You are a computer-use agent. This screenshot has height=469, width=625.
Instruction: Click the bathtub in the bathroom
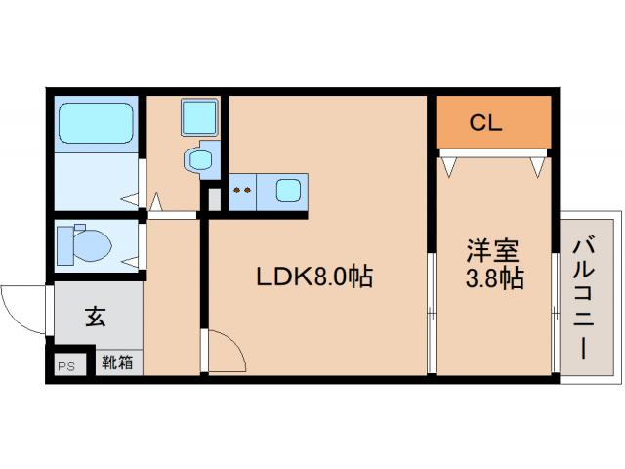click(95, 123)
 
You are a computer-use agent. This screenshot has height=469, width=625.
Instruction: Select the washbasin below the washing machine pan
click(203, 159)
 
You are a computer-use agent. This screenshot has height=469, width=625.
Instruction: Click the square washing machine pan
click(200, 118)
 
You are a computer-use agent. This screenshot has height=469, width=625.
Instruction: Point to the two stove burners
click(243, 191)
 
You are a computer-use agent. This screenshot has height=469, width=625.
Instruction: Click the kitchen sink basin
click(288, 191)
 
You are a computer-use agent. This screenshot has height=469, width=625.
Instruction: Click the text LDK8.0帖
click(313, 277)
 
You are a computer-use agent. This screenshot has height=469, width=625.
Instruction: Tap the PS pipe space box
click(66, 366)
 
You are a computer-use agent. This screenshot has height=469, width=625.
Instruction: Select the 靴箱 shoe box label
click(118, 362)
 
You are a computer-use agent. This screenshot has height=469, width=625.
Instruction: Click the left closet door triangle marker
click(449, 167)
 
